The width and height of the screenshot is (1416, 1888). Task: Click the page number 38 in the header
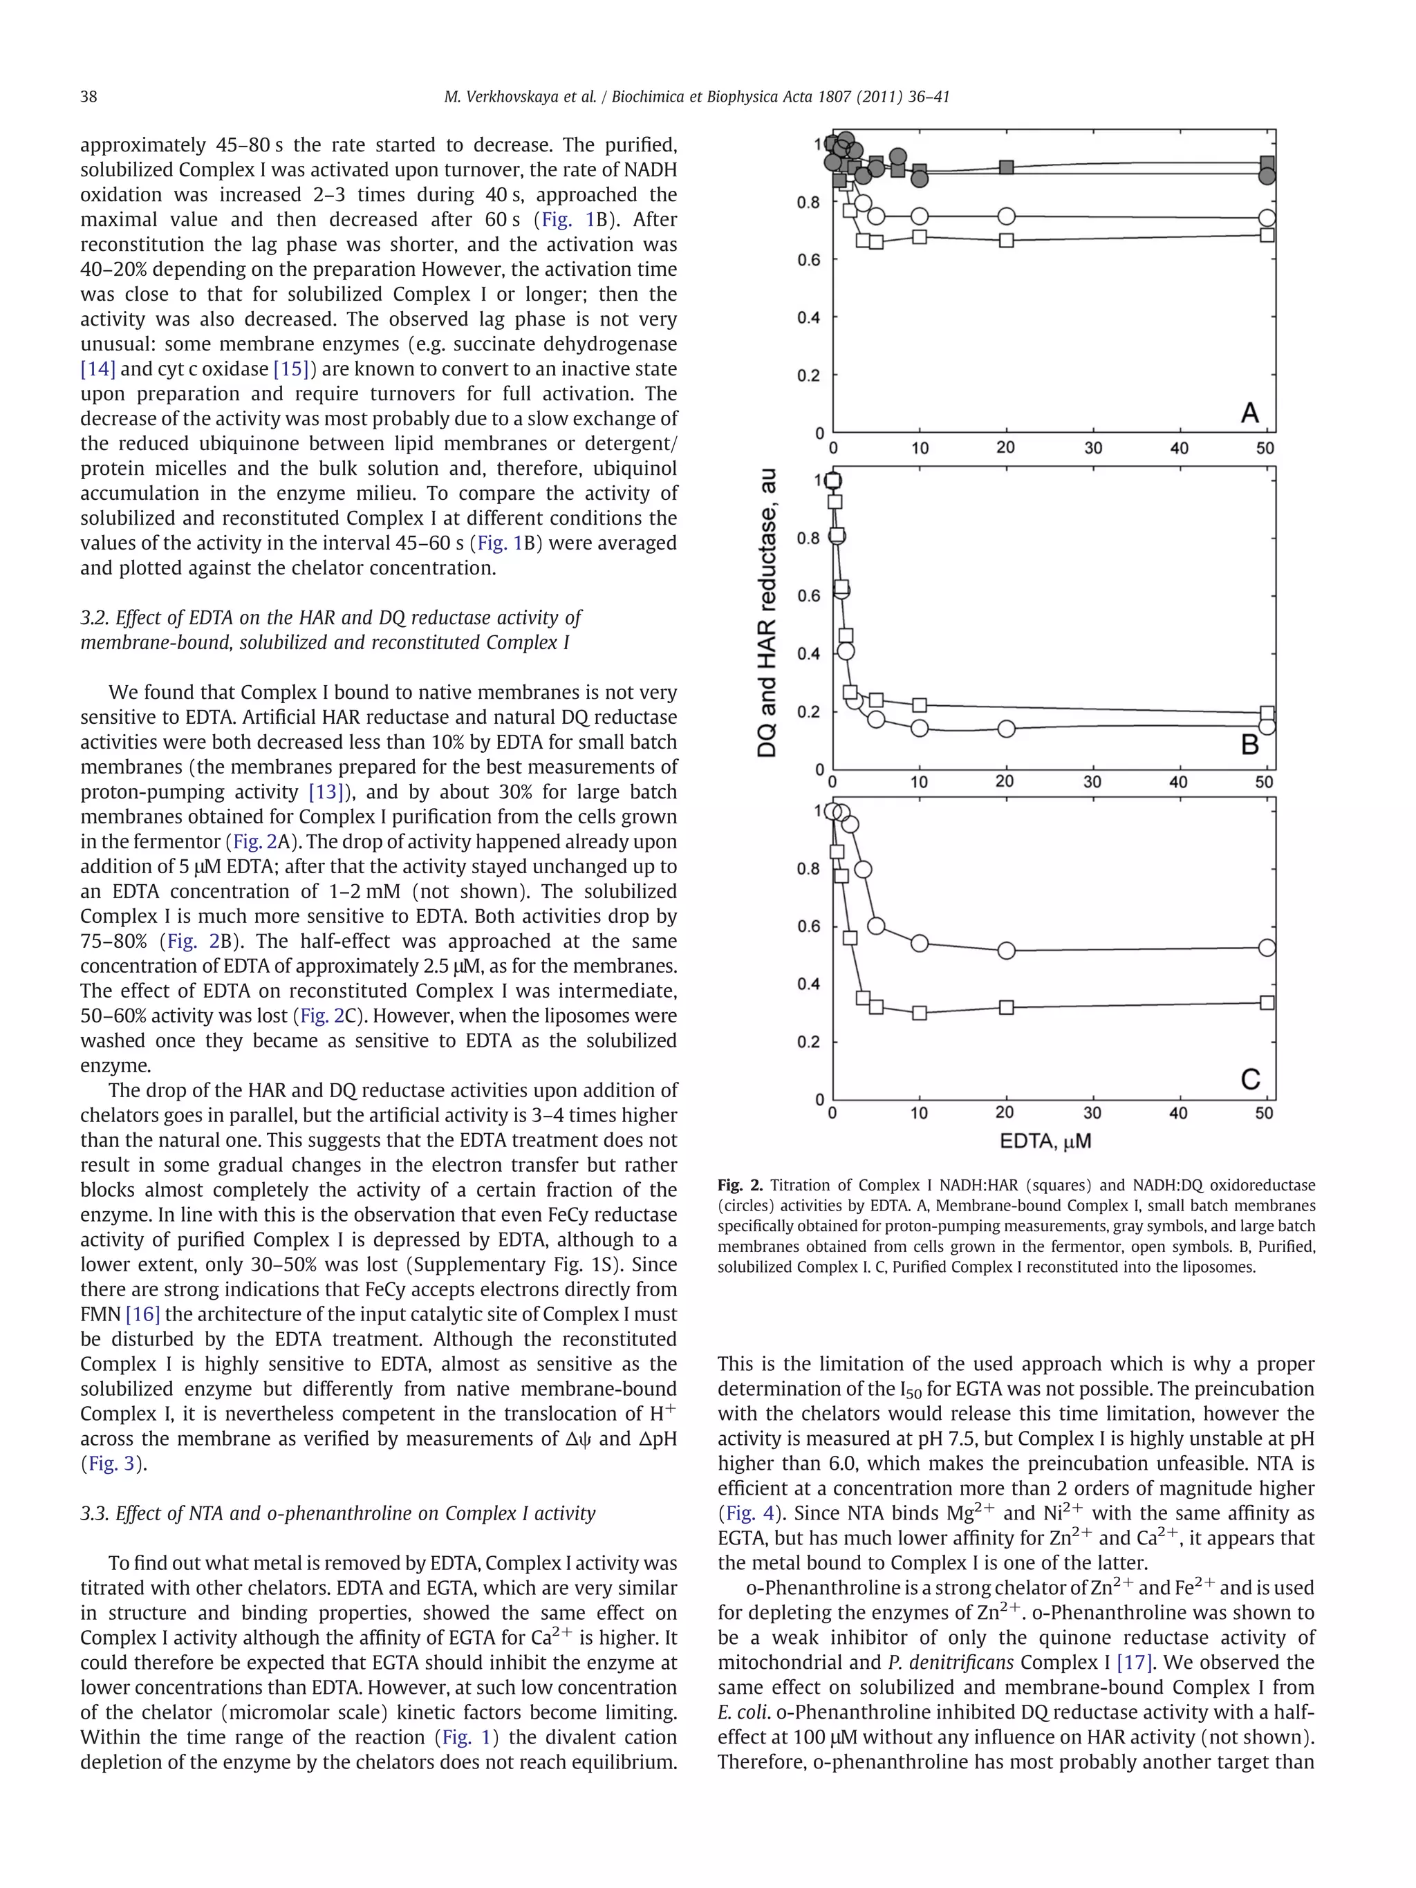click(88, 97)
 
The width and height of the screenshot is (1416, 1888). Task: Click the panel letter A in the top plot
click(1249, 413)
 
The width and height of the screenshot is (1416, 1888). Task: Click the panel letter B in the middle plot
click(1249, 745)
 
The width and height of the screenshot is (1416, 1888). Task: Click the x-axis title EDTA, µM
click(1046, 1141)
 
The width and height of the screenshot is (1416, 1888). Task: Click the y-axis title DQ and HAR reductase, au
click(767, 613)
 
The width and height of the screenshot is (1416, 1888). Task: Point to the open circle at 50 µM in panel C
click(1267, 947)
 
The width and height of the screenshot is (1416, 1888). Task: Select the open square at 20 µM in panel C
click(1006, 1007)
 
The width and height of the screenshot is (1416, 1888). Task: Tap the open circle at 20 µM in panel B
click(1006, 729)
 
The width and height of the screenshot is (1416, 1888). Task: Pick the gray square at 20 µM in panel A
click(1006, 167)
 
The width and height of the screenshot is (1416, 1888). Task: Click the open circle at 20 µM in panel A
click(1006, 216)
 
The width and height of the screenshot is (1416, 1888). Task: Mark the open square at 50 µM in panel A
click(1267, 235)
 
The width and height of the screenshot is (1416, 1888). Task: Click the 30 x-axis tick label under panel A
click(1092, 448)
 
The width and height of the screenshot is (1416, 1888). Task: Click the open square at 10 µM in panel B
click(920, 705)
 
